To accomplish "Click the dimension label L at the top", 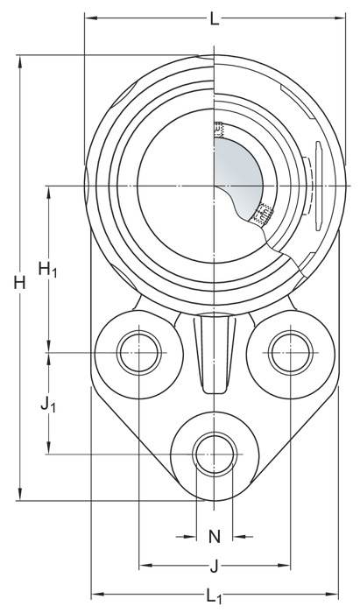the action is click(215, 18).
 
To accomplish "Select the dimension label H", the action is click(19, 282).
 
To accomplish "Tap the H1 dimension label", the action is click(47, 270).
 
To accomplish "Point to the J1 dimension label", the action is click(48, 405).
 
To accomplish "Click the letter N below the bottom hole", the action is click(215, 537).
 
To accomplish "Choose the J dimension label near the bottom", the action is click(215, 566).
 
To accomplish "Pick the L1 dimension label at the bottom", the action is click(215, 595).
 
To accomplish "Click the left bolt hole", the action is click(139, 353).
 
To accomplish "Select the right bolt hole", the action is click(291, 353).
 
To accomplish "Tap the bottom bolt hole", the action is click(215, 454).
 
